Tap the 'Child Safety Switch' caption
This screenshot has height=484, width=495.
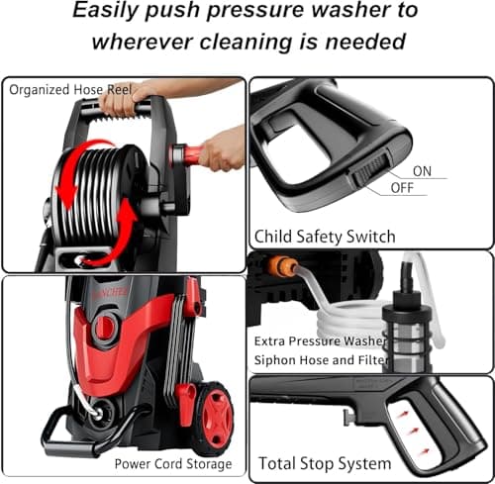click(x=326, y=237)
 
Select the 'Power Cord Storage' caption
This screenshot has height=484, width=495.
click(x=173, y=463)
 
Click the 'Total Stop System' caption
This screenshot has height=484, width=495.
click(x=324, y=462)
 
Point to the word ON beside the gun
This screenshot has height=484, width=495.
click(x=423, y=171)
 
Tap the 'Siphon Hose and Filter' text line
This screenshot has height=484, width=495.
click(x=320, y=360)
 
